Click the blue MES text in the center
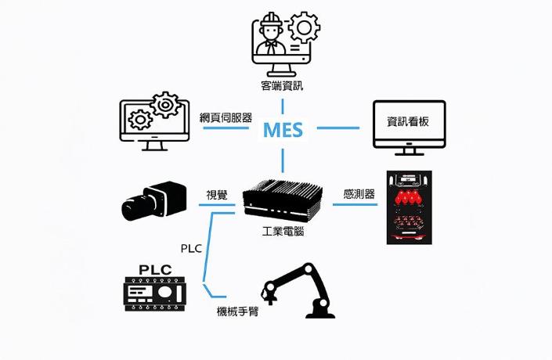pos(283,129)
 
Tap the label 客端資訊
pos(282,85)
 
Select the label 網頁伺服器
pos(225,117)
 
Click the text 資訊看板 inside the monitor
pos(408,122)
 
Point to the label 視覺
pos(217,194)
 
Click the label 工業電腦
pos(283,232)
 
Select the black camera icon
pos(153,200)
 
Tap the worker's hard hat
pos(270,20)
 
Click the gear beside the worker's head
pos(303,29)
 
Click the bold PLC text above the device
pos(155,270)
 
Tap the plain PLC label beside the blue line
pos(191,249)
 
